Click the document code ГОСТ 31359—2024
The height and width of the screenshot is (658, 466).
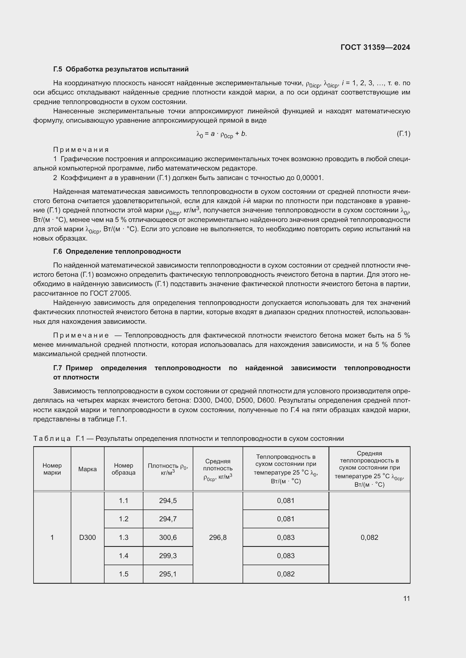(375, 47)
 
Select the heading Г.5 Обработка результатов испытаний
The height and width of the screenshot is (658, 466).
(121, 69)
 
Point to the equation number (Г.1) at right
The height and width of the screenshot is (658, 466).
(403, 134)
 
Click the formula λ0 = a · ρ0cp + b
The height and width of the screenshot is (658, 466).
(221, 134)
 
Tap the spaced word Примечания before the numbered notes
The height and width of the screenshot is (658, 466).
(81, 150)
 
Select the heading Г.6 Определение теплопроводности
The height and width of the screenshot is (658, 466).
(117, 251)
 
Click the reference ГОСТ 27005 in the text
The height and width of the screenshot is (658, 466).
(110, 293)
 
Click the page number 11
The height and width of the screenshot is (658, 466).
(406, 598)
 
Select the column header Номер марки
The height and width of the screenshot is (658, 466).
(52, 469)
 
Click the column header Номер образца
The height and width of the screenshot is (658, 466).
(123, 469)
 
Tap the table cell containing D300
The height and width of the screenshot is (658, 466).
(87, 537)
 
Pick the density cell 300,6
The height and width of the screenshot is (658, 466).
(168, 537)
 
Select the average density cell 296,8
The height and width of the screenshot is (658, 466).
(218, 537)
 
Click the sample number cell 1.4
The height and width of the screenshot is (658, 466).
(123, 556)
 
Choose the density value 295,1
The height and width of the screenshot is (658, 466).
(168, 574)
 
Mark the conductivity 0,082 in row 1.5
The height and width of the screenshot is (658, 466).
(285, 574)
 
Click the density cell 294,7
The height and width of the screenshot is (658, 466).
(168, 519)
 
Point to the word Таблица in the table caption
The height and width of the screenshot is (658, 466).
(52, 439)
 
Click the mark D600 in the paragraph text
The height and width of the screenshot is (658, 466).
(266, 400)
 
